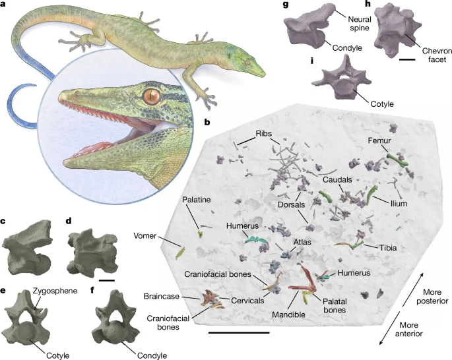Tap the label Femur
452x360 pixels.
click(x=379, y=140)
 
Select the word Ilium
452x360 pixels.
click(x=399, y=204)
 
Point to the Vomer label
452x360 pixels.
click(x=145, y=236)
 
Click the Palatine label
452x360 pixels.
click(x=197, y=200)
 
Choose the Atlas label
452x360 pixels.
click(x=302, y=242)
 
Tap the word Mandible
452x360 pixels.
click(x=288, y=315)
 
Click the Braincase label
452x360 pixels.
click(x=162, y=296)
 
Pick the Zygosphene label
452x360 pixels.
click(x=55, y=291)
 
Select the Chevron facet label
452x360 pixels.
click(x=437, y=55)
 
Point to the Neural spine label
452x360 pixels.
click(x=360, y=24)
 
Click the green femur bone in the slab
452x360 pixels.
click(x=397, y=160)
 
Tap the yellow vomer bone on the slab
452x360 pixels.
click(x=180, y=252)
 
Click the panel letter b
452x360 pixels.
click(x=207, y=122)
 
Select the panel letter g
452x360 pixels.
click(x=286, y=5)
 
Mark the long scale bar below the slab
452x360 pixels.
click(x=239, y=333)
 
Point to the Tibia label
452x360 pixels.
click(x=388, y=248)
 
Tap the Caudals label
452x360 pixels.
click(x=337, y=180)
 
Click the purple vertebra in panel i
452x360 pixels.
click(x=341, y=78)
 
